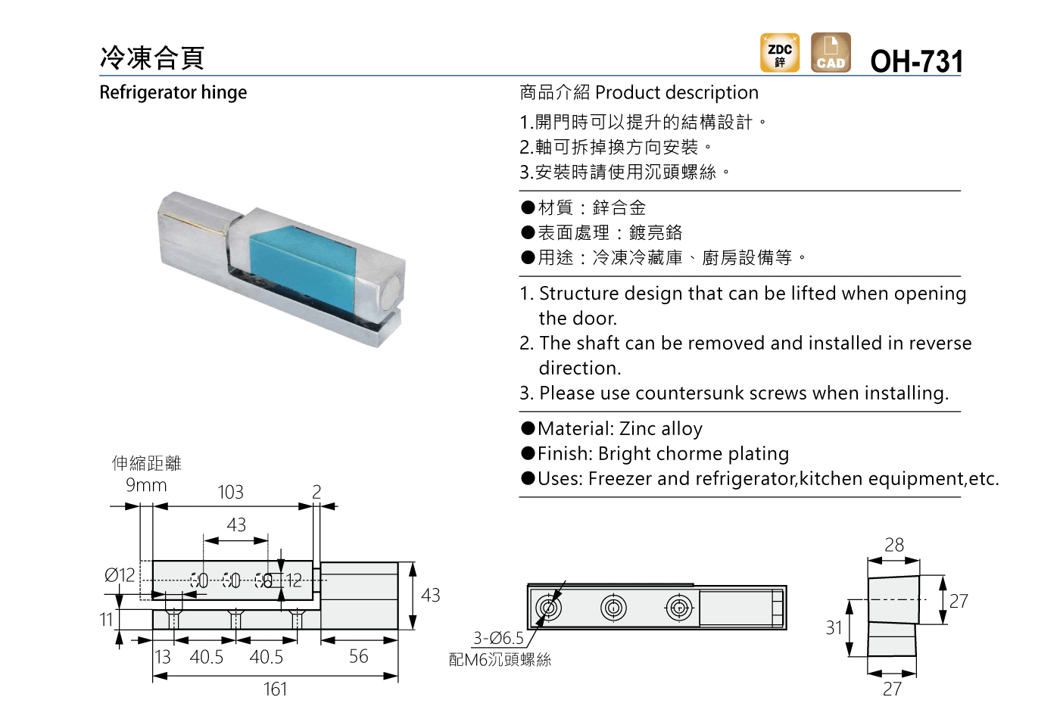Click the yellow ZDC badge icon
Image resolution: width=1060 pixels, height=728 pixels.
pos(780,52)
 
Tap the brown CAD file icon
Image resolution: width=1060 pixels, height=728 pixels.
pos(831,52)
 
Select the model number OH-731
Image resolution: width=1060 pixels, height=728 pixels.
pos(917,61)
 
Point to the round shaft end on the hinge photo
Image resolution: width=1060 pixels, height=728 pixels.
pos(391,289)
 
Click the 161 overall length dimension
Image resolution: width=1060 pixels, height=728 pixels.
pos(276,689)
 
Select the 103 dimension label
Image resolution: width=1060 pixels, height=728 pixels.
pos(230,493)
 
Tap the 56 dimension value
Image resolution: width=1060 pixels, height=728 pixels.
pos(359,657)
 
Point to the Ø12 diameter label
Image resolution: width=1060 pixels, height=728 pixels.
pos(120,575)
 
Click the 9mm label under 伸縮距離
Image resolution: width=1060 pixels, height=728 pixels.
pos(146,485)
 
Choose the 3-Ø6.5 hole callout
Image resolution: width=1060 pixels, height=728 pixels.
pos(498,639)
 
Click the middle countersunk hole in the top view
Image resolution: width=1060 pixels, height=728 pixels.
pos(613,608)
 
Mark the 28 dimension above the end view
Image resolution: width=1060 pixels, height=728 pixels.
pos(894,545)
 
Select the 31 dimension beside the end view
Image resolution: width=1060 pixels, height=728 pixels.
pos(834,628)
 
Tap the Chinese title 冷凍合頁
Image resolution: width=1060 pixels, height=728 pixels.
pos(152,58)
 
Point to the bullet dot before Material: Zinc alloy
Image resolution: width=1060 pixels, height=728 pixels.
pos(528,428)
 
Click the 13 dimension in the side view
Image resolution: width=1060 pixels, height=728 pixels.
pos(162,657)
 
